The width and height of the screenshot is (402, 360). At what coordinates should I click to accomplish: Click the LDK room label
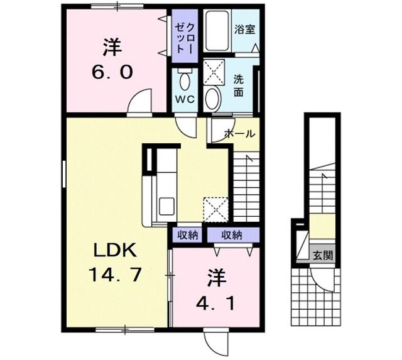tap(114, 250)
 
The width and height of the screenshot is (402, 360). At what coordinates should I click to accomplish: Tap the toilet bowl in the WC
tap(184, 80)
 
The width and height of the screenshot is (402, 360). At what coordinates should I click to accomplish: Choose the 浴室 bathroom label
tap(244, 28)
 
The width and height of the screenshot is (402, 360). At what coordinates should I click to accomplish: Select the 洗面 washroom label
tap(239, 85)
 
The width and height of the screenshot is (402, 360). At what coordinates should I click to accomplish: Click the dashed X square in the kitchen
tap(214, 207)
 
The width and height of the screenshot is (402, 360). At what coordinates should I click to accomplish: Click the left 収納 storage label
tap(187, 235)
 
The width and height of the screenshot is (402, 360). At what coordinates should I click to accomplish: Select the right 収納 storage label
tap(231, 235)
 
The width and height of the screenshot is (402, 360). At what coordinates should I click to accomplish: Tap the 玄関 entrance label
tap(324, 255)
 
